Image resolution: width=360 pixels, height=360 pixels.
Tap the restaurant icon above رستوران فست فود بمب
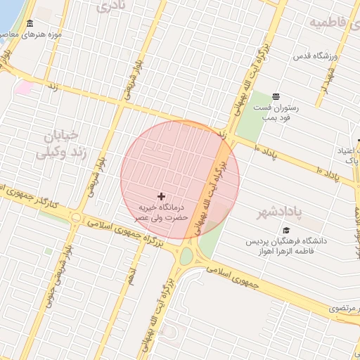pos(275,96)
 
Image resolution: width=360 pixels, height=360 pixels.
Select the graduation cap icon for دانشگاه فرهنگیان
pos(286,230)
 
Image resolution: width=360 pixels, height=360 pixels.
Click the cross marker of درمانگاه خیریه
pos(162,195)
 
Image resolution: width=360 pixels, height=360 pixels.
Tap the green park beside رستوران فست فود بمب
pos(250,116)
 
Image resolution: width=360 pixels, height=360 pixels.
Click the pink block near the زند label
pos(25,87)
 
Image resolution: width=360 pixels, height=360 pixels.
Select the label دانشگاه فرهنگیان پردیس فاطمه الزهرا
pos(286,247)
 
